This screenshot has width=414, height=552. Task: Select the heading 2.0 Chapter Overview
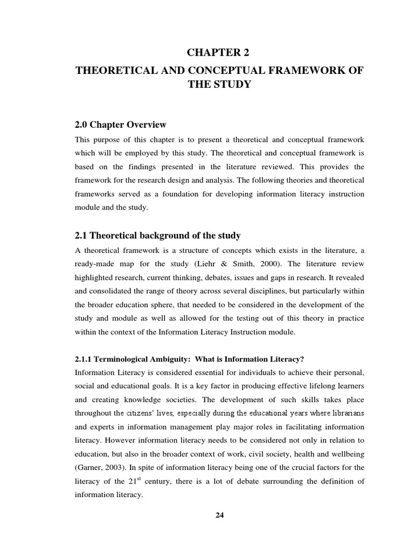[x=121, y=125]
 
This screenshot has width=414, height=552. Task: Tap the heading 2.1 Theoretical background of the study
[x=157, y=235]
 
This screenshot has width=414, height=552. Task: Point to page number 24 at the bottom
[x=219, y=515]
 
